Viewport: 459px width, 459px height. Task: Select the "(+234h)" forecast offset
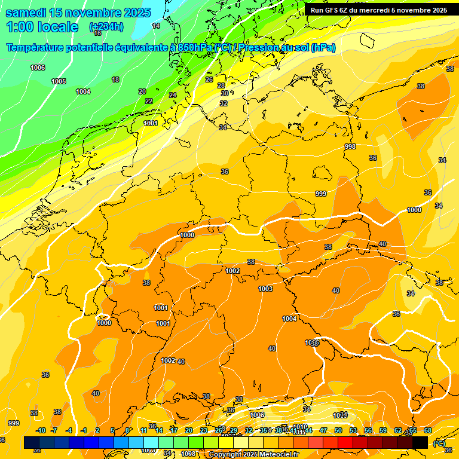click(106, 27)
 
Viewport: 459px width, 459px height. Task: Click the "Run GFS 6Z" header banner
click(378, 10)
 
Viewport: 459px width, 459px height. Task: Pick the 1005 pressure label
click(59, 81)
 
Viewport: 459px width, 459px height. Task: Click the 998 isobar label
click(350, 146)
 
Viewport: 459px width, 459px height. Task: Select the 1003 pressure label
click(265, 289)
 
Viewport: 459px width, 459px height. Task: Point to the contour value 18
click(115, 79)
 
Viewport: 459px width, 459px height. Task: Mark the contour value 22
click(149, 101)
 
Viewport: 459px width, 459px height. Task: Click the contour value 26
click(209, 79)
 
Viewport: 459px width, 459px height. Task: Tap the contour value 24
click(173, 95)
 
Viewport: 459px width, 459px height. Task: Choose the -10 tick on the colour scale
click(41, 430)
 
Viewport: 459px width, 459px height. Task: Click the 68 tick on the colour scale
click(428, 430)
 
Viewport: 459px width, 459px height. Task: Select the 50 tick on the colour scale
click(338, 430)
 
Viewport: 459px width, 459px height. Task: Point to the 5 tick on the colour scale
click(112, 430)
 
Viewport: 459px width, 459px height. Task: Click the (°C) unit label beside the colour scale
click(439, 443)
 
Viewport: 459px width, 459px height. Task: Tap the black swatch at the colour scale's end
click(420, 442)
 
